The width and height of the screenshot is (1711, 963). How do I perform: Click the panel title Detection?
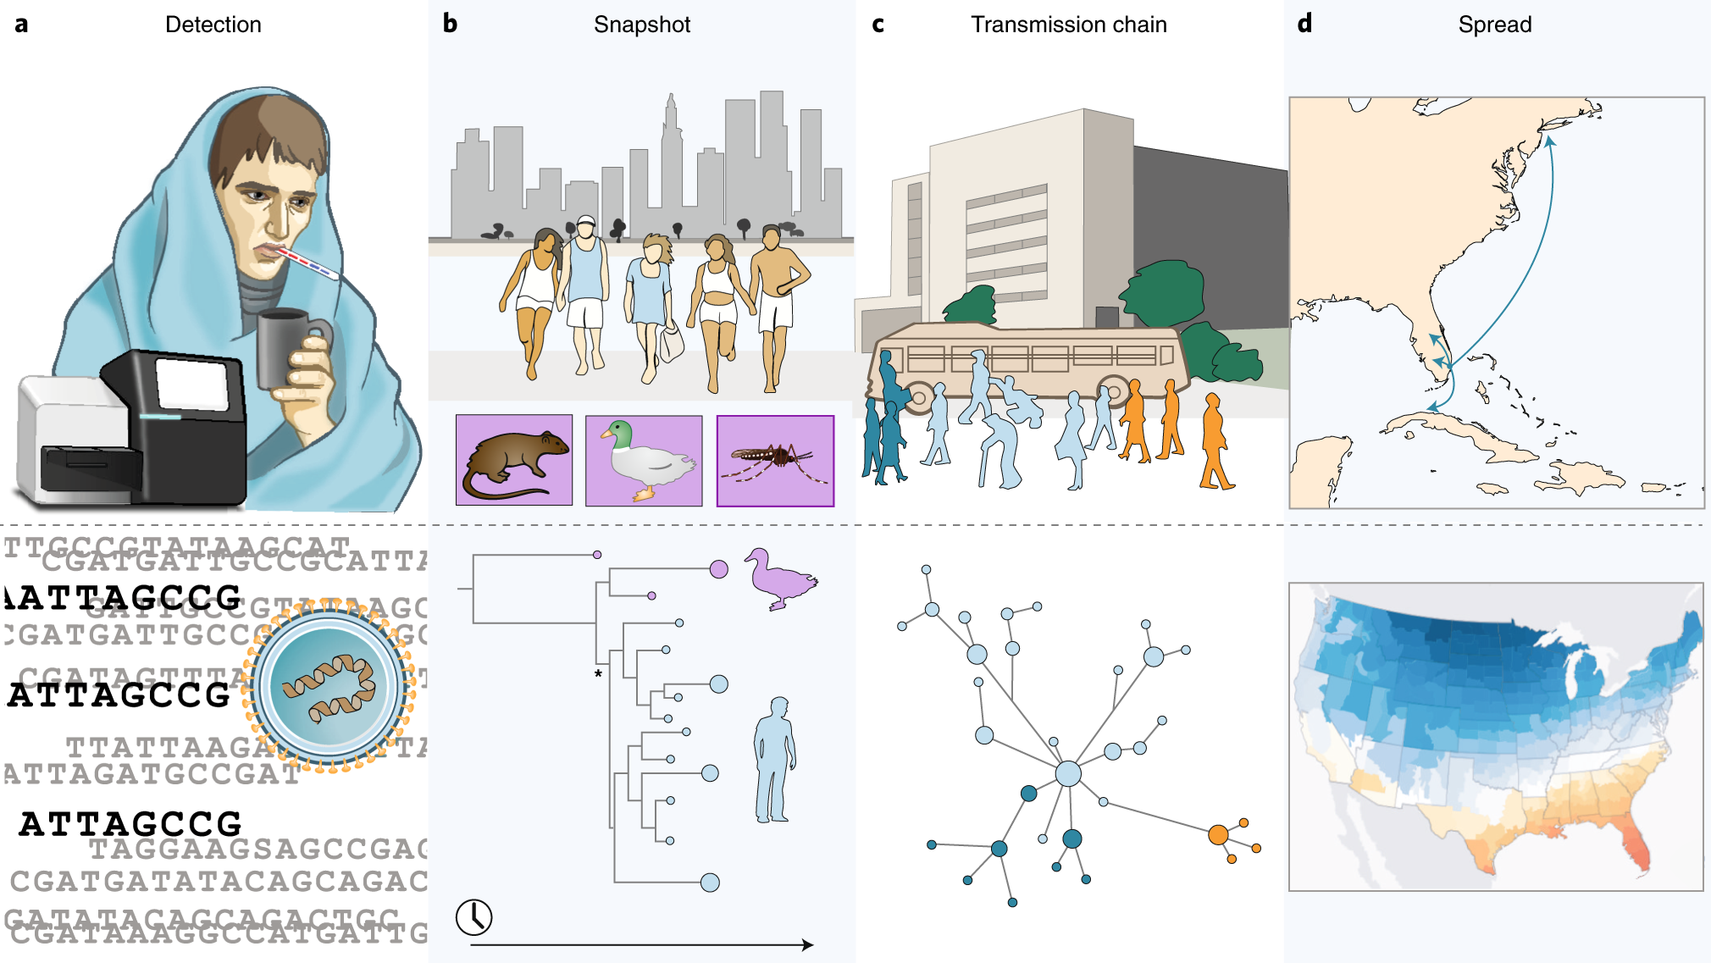[213, 25]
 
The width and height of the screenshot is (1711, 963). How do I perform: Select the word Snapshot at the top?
[642, 25]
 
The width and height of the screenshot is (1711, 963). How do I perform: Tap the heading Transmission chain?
[1068, 25]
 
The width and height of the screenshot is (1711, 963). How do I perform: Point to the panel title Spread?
[1494, 25]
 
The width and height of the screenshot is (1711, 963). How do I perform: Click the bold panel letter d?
[1304, 24]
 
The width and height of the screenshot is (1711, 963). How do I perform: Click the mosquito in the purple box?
[774, 461]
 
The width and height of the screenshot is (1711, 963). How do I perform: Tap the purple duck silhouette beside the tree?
[779, 578]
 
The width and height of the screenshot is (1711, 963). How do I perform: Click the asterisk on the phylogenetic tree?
[598, 674]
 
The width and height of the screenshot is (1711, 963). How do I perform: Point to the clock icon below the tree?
[474, 917]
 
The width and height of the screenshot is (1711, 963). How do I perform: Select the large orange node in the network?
[1218, 835]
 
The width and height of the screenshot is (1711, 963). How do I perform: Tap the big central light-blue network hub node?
[1068, 773]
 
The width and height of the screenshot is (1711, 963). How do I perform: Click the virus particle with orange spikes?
[329, 686]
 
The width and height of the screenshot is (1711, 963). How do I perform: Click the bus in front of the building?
[1025, 360]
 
